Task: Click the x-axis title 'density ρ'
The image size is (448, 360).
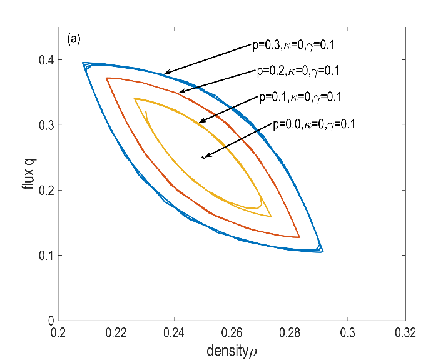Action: (232, 351)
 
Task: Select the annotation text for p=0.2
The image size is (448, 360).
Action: (300, 71)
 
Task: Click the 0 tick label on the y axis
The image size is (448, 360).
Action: (50, 321)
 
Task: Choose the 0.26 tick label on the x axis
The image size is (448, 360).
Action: (232, 332)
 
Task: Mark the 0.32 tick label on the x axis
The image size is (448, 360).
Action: (406, 332)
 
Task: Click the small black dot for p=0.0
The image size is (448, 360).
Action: (203, 157)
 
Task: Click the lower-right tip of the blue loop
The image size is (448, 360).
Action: (323, 252)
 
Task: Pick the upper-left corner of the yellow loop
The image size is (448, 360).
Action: (135, 99)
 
